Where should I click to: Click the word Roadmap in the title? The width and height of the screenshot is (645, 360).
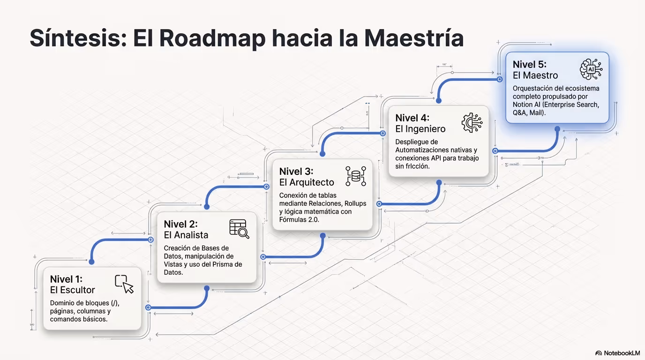coord(212,39)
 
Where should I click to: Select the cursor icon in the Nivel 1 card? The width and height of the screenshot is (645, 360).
coord(124,284)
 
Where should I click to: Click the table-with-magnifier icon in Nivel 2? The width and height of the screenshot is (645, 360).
coord(239,229)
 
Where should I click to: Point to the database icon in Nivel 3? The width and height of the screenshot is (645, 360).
coord(356,176)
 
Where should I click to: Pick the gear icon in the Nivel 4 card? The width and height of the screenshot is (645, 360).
coord(472,123)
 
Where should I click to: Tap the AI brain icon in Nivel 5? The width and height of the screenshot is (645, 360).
coord(591,69)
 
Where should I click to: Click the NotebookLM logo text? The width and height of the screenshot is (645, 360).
coord(622,353)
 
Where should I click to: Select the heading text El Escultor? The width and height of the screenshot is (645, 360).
coord(72,290)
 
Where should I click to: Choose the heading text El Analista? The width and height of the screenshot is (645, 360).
coord(186,235)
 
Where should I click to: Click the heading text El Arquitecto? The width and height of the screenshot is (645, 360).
coord(307,182)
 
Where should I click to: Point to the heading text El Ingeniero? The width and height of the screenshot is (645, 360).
coord(420,129)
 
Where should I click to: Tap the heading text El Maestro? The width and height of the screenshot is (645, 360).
coord(535,75)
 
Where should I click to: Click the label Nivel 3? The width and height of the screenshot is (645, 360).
coord(296,172)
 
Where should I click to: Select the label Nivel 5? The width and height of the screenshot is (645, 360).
coord(530,65)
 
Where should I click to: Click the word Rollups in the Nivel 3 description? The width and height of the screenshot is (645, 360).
coord(355,203)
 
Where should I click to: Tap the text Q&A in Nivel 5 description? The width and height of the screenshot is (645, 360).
coord(519,113)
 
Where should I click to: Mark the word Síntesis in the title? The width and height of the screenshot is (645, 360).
coord(78,38)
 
